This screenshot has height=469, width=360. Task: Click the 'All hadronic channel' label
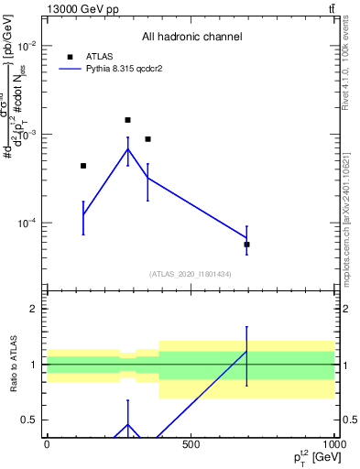[x=191, y=37]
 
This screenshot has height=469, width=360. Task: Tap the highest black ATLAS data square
[x=127, y=120]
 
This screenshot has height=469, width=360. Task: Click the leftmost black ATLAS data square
[x=83, y=166]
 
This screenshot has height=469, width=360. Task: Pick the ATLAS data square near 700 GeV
[x=247, y=245]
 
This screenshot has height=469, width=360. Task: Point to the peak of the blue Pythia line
[x=127, y=149]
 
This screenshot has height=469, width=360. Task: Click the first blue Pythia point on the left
[x=83, y=214]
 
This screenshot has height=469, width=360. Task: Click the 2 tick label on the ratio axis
[x=32, y=309]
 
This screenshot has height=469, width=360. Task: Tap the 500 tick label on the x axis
[x=191, y=444]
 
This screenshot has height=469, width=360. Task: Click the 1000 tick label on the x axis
[x=335, y=444]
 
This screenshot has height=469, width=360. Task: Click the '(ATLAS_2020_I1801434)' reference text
[x=191, y=274]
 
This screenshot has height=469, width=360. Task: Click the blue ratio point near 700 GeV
[x=247, y=352]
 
